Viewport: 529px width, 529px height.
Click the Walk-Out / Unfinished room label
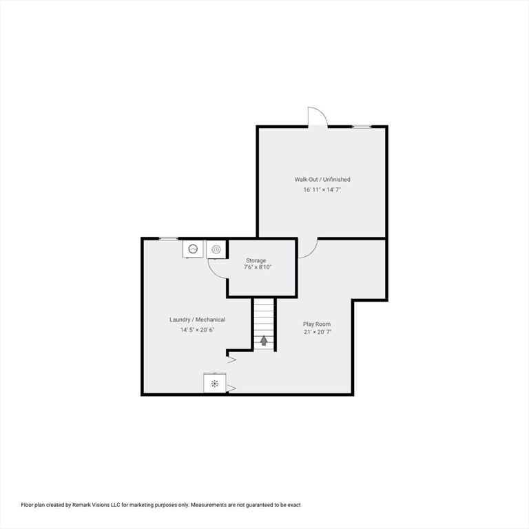(322, 180)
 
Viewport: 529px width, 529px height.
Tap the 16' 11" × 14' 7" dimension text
(322, 190)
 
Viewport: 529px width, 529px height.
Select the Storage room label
(256, 260)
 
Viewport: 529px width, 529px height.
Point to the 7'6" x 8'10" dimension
(258, 267)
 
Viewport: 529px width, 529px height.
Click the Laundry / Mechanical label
(198, 320)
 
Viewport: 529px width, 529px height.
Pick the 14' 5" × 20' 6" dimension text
(197, 330)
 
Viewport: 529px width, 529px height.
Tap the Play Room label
(317, 324)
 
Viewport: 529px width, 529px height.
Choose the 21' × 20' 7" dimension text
(318, 332)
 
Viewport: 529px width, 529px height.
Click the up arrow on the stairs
(264, 340)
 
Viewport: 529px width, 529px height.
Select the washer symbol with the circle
(193, 249)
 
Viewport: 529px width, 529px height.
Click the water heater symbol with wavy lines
(216, 249)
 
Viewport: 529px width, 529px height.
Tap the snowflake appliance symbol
(215, 383)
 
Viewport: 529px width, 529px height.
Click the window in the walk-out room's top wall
(362, 127)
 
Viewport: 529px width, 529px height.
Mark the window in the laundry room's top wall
(168, 239)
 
